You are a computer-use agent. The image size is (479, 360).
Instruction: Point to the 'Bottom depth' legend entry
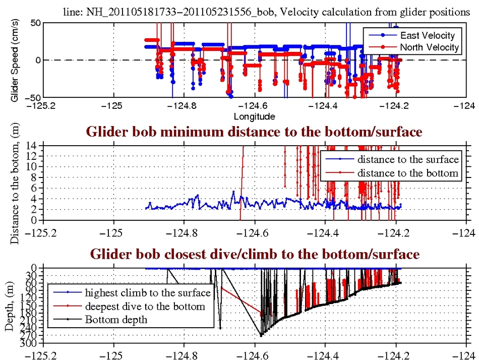click(116, 319)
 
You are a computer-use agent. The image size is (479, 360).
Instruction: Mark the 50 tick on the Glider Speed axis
click(35, 23)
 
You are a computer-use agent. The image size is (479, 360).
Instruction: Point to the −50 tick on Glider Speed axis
click(32, 97)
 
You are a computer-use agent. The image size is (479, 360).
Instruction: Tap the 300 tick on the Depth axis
click(31, 344)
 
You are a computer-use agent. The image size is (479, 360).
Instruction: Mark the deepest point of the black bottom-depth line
click(261, 335)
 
